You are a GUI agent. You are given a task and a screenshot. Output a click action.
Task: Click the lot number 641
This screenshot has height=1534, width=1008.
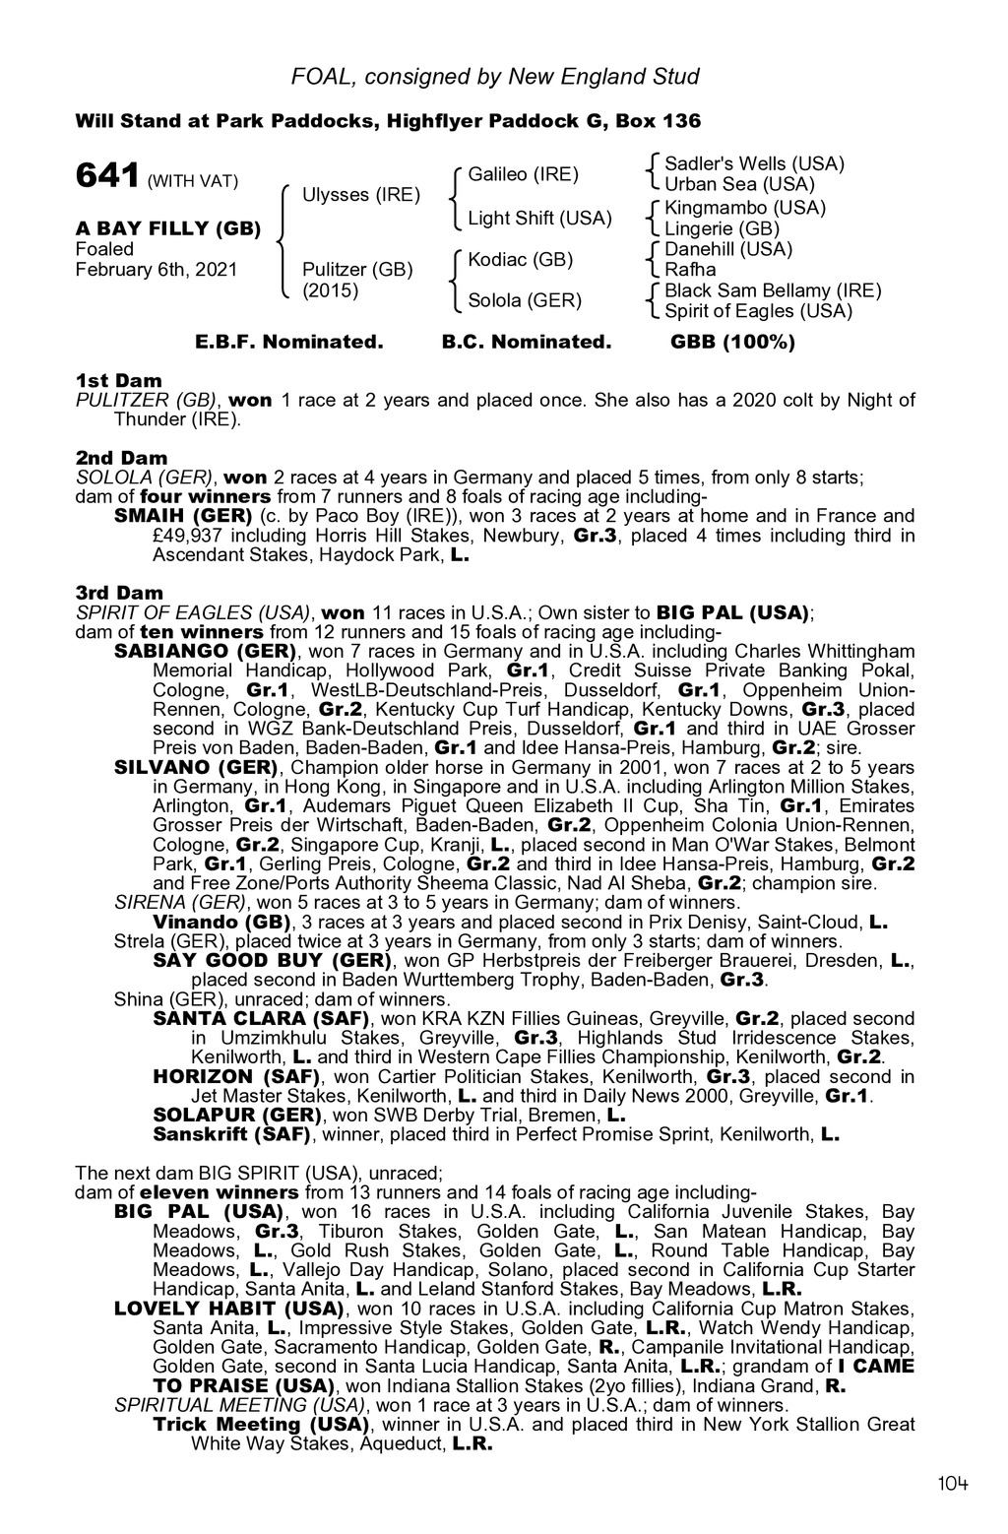(107, 177)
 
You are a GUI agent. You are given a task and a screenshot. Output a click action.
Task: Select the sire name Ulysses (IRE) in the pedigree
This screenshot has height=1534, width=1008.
(361, 194)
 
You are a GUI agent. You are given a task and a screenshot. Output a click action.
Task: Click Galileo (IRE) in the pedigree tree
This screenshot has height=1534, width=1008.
(523, 174)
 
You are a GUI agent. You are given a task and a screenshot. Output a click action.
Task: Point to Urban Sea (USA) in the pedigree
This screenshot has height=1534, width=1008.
(740, 184)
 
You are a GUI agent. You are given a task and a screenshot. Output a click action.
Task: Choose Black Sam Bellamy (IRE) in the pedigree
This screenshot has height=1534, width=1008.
(773, 290)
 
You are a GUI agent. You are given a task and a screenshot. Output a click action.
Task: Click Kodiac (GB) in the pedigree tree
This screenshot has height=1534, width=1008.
(520, 259)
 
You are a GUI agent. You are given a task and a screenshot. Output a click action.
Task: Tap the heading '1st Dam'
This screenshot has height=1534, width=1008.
(119, 380)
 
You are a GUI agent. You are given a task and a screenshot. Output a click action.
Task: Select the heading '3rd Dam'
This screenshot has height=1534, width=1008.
(119, 593)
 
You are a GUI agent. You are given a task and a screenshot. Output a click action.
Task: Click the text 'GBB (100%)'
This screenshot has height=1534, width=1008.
(732, 343)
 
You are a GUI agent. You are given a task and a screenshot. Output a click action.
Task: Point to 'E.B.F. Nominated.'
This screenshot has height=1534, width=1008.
(288, 343)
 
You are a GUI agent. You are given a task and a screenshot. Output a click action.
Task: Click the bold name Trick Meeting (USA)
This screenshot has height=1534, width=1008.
(261, 1424)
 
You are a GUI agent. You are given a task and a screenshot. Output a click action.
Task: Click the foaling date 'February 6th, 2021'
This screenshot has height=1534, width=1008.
(157, 269)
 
